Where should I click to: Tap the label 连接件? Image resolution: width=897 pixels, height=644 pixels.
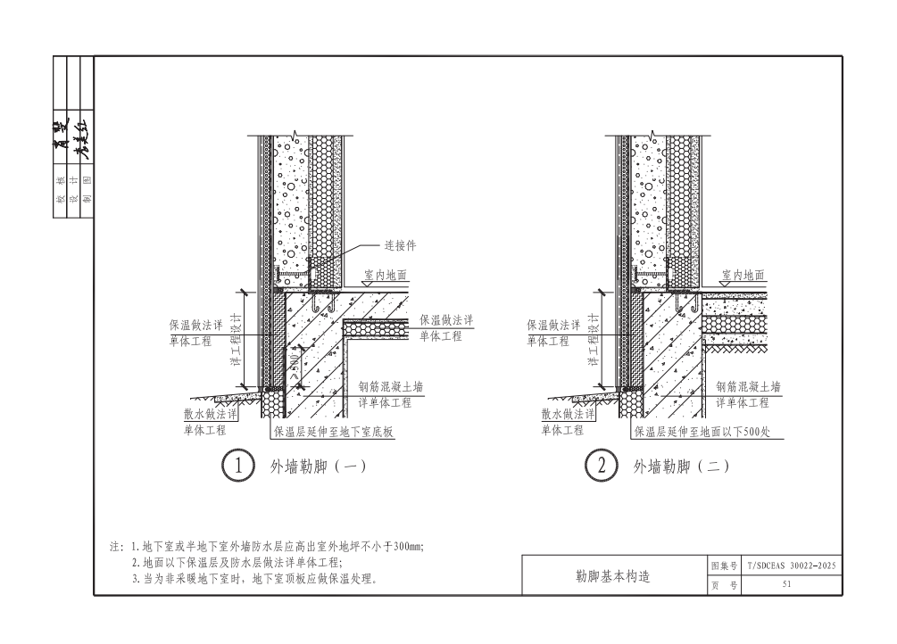coord(402,244)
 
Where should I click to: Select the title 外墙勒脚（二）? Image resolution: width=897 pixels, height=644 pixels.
coord(682,466)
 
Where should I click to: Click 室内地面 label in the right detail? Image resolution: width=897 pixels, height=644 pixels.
coord(743,277)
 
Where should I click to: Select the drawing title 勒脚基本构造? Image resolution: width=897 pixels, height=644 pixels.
coord(614,576)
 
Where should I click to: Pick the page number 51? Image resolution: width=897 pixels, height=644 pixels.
coord(786,585)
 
